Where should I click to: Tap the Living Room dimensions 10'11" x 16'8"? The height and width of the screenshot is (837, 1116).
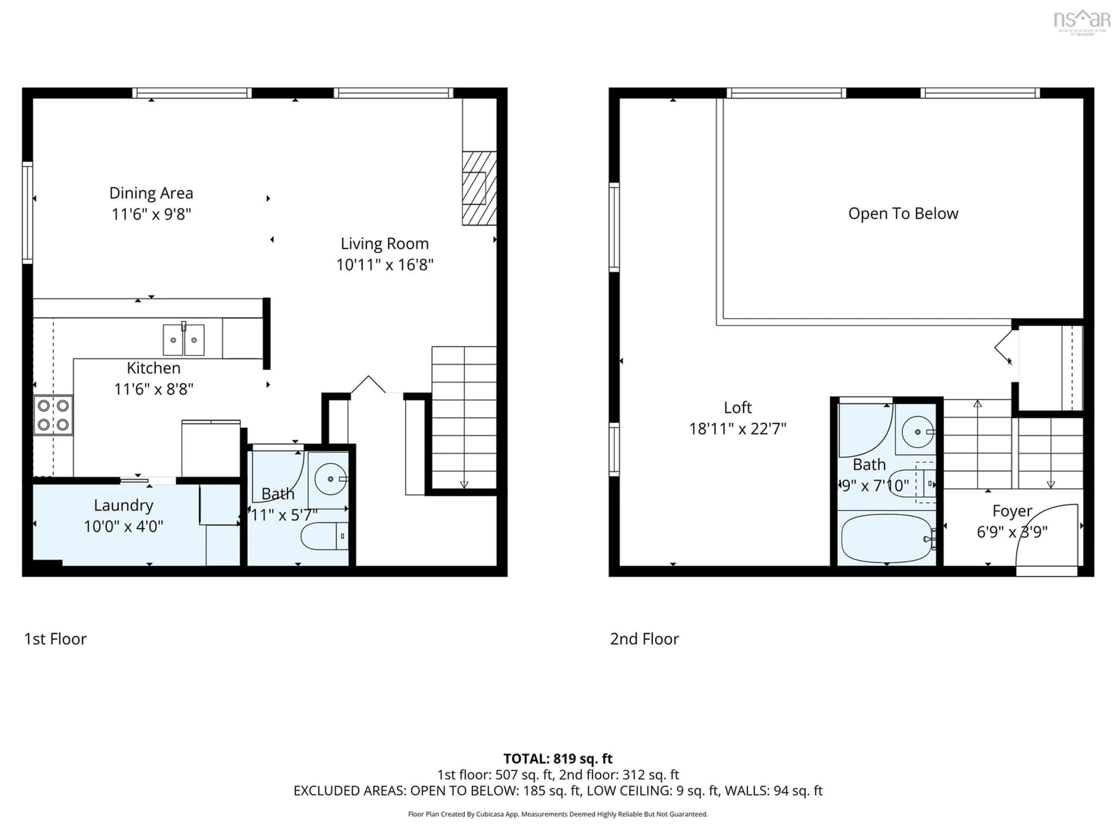tap(384, 265)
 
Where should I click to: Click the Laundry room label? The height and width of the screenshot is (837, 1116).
tap(124, 505)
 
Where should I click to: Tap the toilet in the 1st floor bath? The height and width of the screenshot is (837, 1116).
tap(324, 536)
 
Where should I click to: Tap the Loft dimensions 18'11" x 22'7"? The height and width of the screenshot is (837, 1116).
tap(738, 429)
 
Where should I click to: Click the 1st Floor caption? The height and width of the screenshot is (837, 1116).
tap(56, 639)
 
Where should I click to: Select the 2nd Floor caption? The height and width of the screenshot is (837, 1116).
tap(644, 639)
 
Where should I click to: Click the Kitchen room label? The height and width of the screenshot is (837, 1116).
tap(153, 368)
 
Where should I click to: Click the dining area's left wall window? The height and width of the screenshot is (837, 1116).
tap(27, 212)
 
